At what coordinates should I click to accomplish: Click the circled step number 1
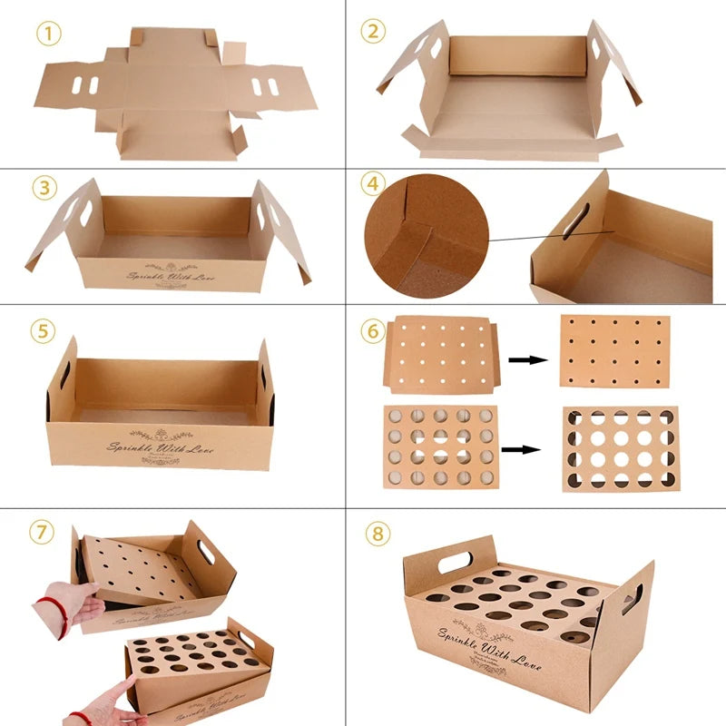click(x=50, y=34)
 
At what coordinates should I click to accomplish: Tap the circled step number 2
click(x=373, y=32)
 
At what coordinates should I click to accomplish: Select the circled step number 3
click(x=44, y=188)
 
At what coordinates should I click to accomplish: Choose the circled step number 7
click(x=40, y=531)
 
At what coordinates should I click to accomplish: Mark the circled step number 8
click(x=378, y=533)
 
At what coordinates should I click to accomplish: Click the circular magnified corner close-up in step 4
click(x=427, y=236)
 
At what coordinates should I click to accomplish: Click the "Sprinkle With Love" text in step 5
click(x=162, y=447)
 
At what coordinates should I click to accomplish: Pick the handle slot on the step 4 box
click(x=575, y=221)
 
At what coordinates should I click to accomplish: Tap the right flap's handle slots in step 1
click(x=264, y=87)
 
